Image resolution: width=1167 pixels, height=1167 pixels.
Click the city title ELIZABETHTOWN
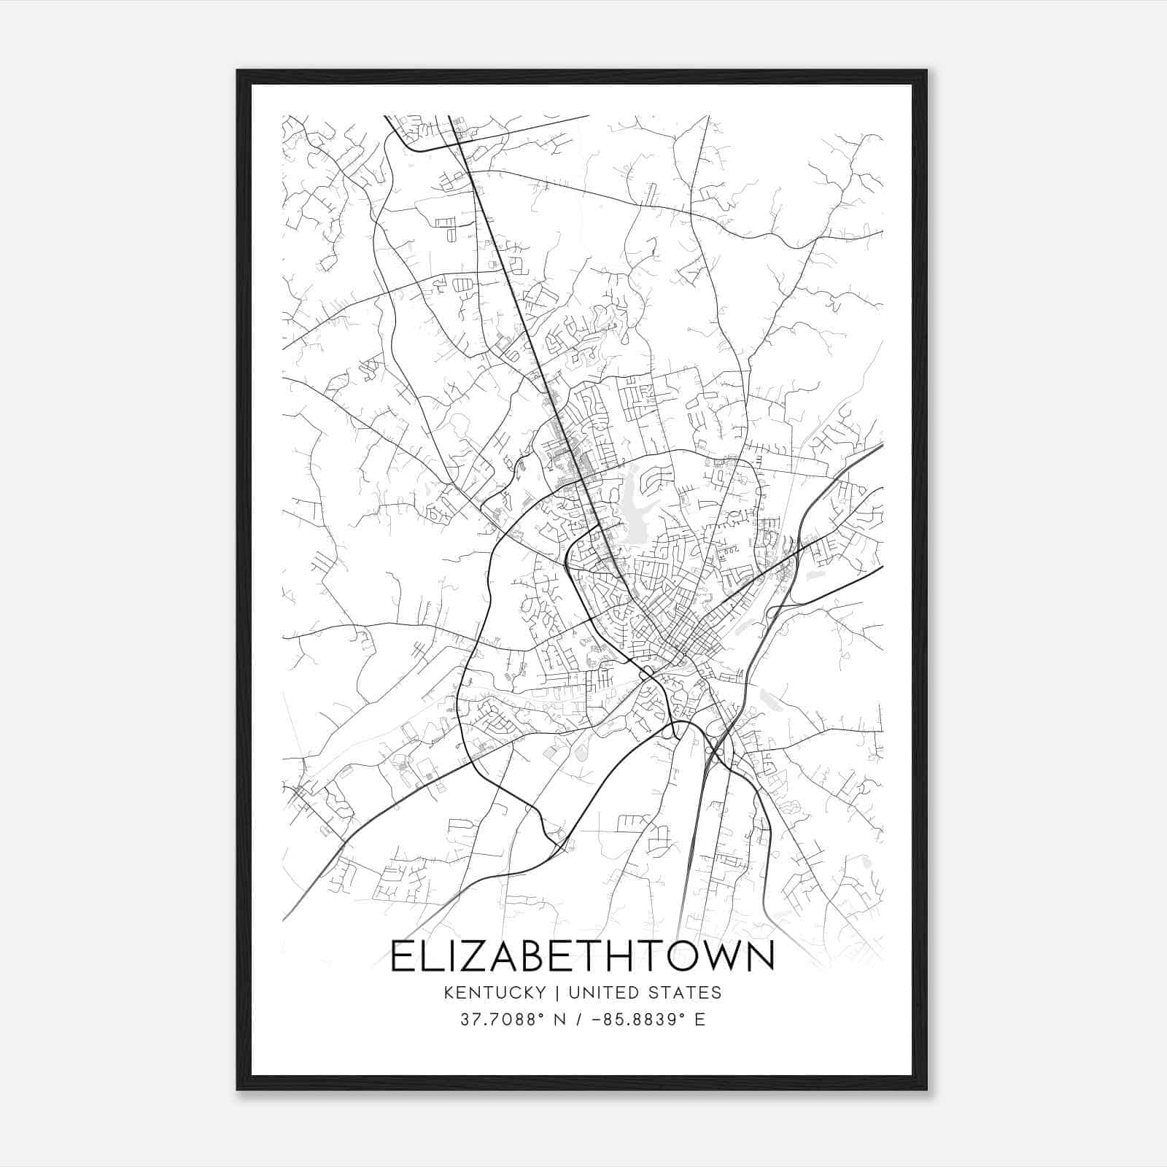[x=582, y=956]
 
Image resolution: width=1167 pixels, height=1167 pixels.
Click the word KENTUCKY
[x=493, y=993]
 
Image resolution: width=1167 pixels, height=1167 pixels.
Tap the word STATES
[x=687, y=993]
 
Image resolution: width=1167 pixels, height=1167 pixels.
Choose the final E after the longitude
[x=700, y=1020]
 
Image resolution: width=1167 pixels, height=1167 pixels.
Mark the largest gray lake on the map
[x=632, y=503]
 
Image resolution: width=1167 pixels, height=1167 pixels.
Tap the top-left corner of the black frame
[x=239, y=71]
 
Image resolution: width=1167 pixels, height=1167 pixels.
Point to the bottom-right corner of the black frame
[x=926, y=1089]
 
